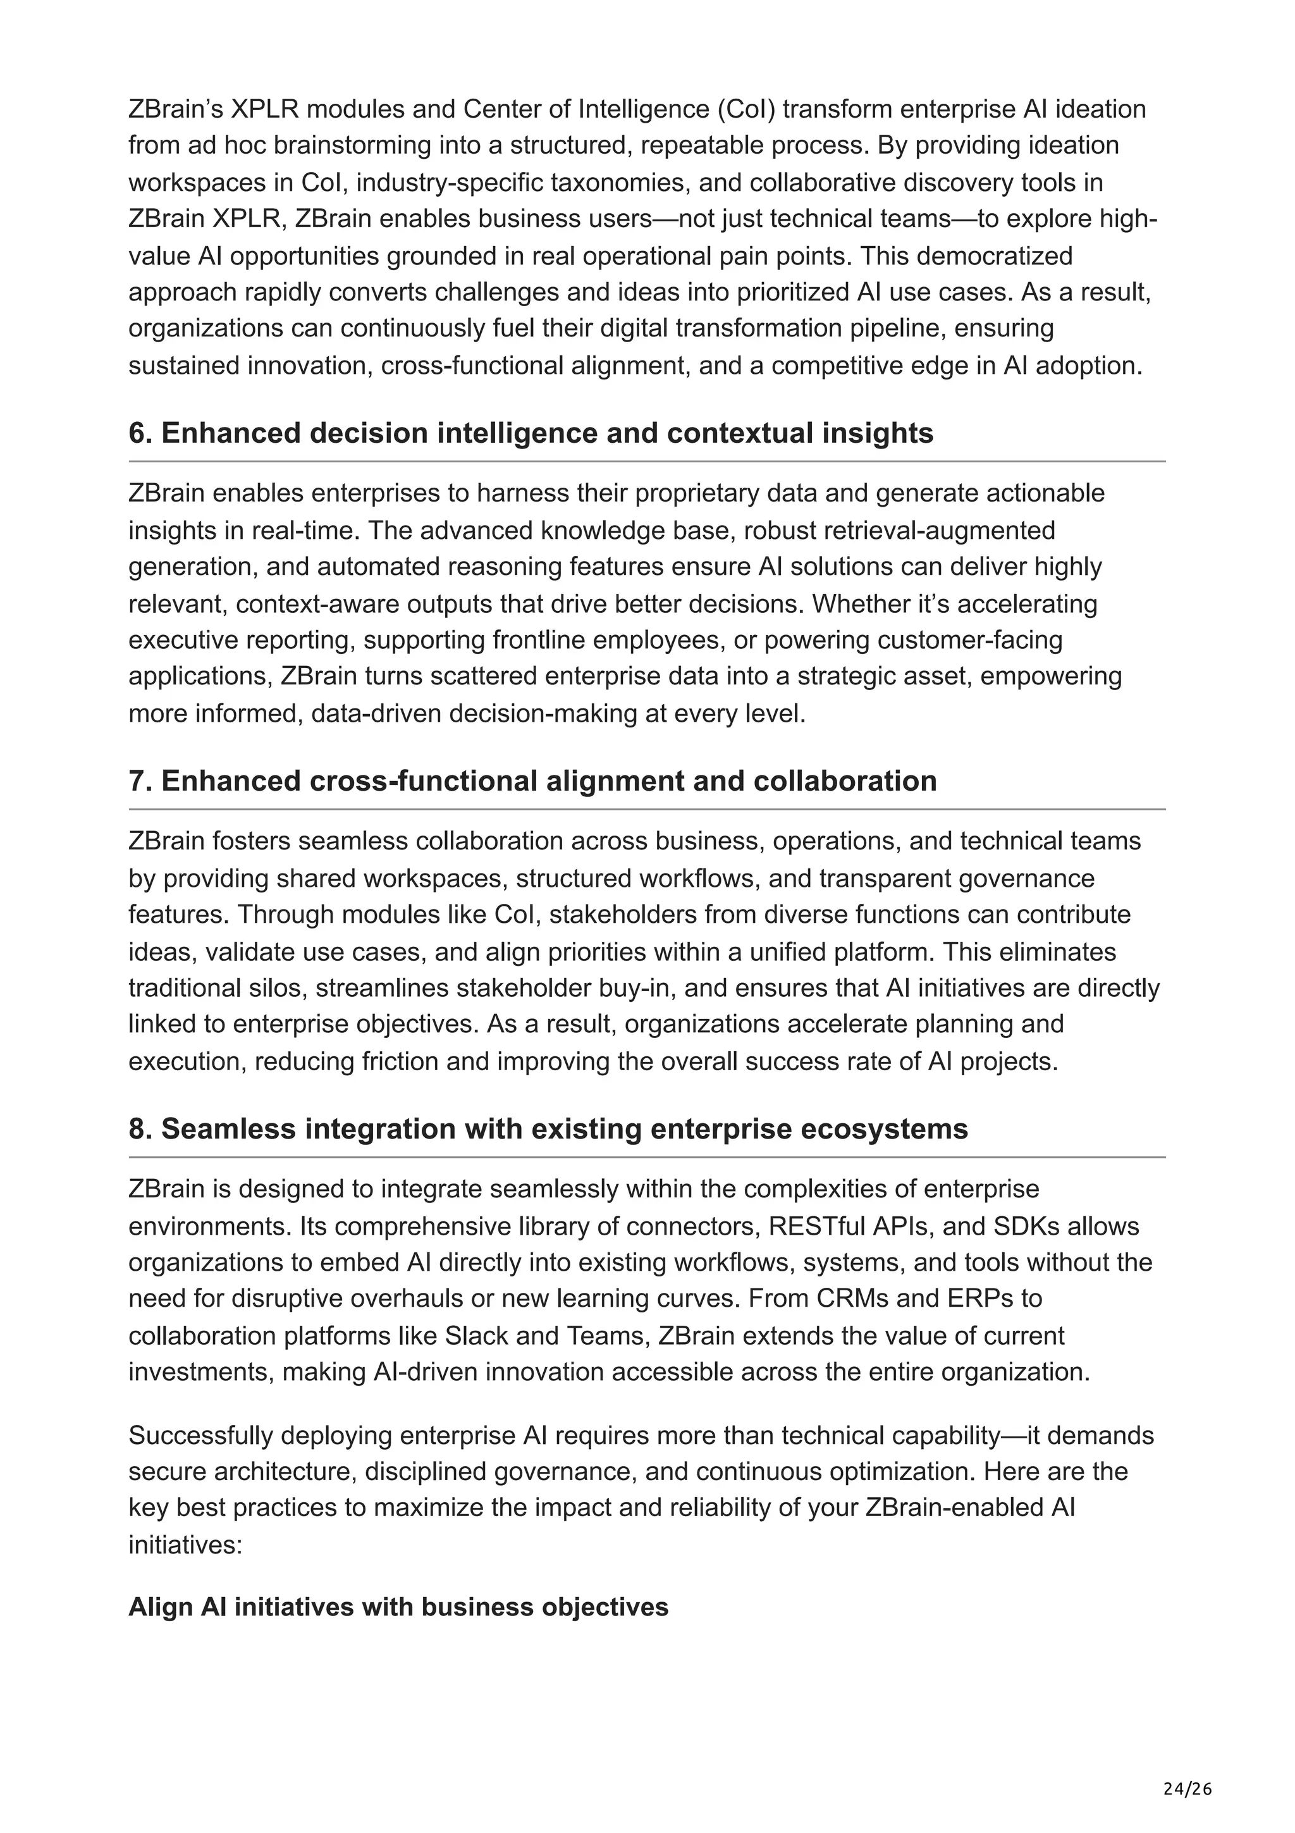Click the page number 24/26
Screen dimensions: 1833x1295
(1188, 1767)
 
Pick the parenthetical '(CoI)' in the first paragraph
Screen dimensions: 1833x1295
(746, 109)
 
